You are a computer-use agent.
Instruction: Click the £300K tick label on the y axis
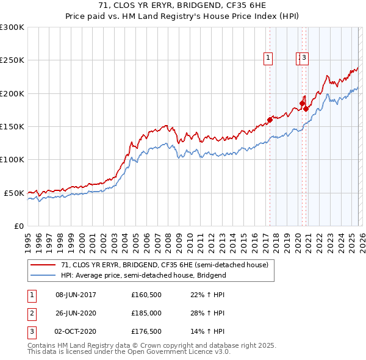coord(12,27)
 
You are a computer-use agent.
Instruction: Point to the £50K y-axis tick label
coord(14,193)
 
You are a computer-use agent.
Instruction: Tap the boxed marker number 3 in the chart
coord(304,59)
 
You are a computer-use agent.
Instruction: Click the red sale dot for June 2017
coord(270,120)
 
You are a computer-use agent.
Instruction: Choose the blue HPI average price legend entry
coord(143,275)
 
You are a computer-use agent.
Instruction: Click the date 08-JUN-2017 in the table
coord(76,295)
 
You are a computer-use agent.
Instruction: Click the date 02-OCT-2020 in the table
coord(76,331)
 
